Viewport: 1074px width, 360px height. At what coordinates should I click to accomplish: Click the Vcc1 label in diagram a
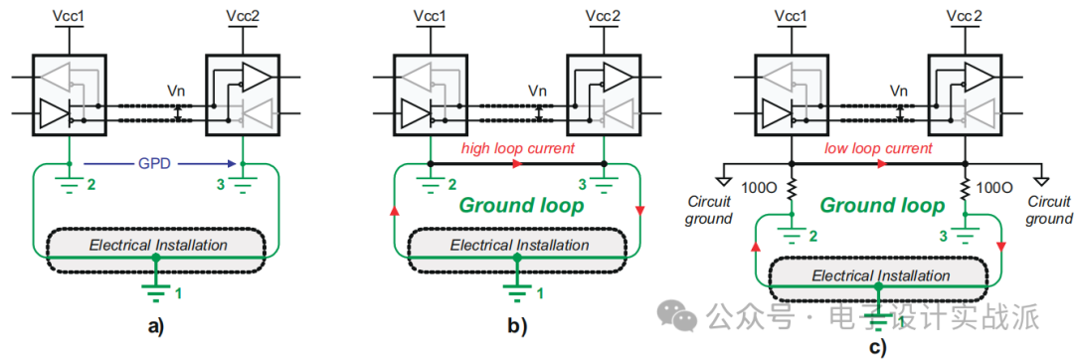coord(68,16)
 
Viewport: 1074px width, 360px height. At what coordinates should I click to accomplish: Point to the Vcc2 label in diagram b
coord(601,16)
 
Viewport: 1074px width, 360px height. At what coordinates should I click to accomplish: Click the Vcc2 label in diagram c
coord(962,16)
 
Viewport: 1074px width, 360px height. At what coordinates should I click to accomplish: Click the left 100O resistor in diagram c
coord(791,188)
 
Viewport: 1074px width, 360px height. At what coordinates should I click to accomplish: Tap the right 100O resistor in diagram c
coord(964,188)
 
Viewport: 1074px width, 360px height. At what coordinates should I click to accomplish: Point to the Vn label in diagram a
coord(176,90)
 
